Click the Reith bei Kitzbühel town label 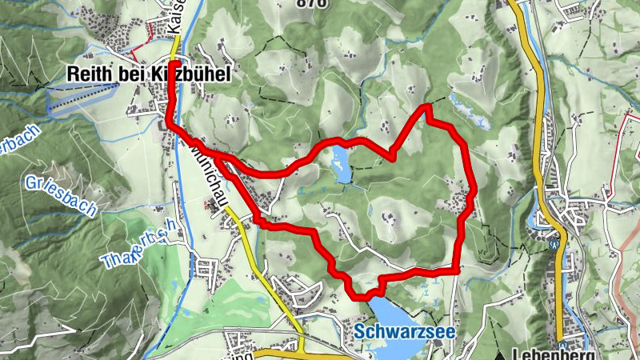(148, 75)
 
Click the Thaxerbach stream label (136, 246)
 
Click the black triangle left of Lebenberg (500, 354)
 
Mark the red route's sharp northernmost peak (426, 106)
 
